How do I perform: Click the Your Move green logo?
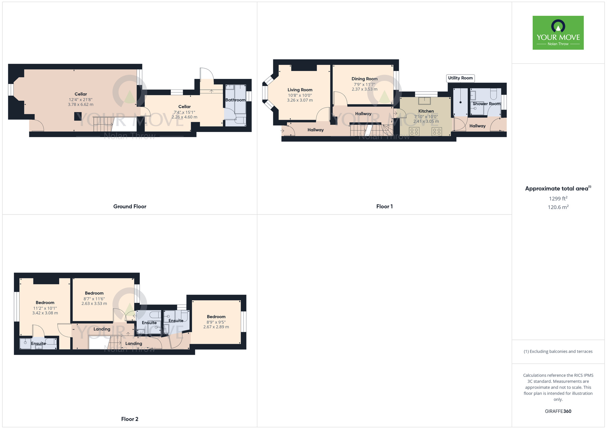[558, 33]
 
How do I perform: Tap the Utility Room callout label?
[460, 78]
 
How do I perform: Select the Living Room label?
[300, 90]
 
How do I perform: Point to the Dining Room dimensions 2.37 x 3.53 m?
[365, 89]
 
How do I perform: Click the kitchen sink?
[424, 100]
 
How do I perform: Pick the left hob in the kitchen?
[414, 131]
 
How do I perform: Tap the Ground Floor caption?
[130, 206]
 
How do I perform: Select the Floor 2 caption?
[130, 419]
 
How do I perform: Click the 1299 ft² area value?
[558, 199]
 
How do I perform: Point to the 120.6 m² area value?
[558, 207]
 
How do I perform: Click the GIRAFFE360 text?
[558, 411]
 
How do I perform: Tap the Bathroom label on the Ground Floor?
[235, 100]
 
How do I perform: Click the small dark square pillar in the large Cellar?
[78, 117]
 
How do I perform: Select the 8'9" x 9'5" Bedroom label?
[216, 317]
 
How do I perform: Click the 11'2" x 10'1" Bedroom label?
[45, 302]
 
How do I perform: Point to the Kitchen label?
[426, 111]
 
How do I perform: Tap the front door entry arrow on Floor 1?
[282, 131]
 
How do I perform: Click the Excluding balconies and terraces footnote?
[558, 351]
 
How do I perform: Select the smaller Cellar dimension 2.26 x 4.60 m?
[184, 117]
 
